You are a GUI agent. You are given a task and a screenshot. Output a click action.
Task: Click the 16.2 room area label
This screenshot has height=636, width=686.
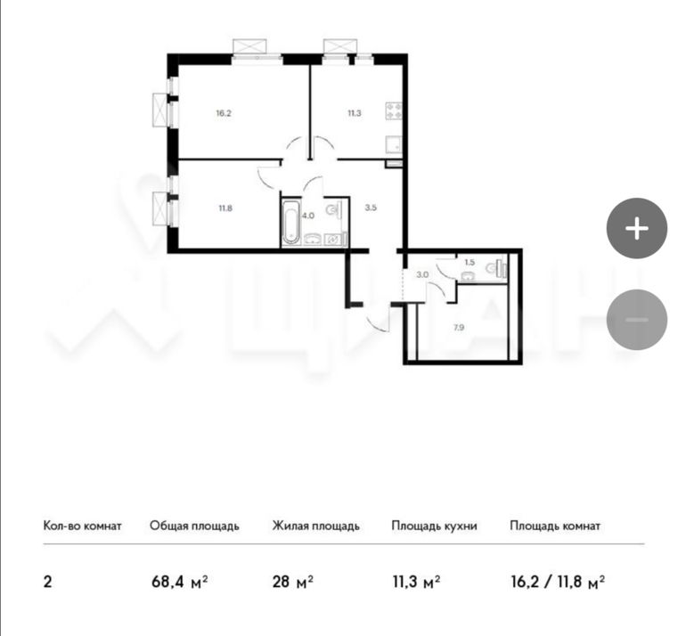click(x=223, y=113)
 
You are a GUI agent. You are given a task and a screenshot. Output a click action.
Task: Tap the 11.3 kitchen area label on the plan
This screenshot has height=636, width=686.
click(x=355, y=113)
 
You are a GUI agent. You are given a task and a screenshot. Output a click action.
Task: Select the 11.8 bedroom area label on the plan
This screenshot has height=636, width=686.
click(x=225, y=208)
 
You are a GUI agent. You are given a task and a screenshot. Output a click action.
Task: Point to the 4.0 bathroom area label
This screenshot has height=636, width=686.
click(x=308, y=216)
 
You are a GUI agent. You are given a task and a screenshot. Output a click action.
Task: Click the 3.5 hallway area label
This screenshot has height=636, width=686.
click(x=371, y=208)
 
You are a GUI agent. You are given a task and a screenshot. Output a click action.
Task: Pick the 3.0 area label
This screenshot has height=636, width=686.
click(x=422, y=275)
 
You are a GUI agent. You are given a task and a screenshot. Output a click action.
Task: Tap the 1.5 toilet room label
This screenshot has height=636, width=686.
click(x=470, y=263)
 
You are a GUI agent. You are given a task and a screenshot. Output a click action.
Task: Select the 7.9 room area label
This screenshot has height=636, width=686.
click(x=459, y=327)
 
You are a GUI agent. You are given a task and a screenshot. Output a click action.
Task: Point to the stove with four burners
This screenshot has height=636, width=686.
click(x=393, y=110)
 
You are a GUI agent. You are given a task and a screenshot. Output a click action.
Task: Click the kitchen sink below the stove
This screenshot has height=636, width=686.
click(x=393, y=144)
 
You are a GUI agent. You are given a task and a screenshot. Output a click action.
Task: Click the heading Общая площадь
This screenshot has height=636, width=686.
click(x=195, y=526)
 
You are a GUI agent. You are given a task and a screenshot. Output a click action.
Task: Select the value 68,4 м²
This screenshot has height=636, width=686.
click(x=179, y=583)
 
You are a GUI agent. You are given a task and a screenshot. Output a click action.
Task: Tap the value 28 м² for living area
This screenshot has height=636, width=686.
click(x=293, y=583)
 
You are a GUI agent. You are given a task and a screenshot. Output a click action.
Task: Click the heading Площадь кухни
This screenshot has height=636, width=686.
click(x=434, y=526)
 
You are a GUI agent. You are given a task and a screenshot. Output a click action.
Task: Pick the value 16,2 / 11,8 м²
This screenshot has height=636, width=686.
click(x=558, y=583)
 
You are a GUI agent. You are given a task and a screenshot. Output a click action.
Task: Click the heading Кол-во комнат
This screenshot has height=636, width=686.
click(x=82, y=526)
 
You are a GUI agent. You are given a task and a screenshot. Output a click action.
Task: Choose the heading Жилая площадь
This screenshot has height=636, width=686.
click(x=316, y=526)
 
